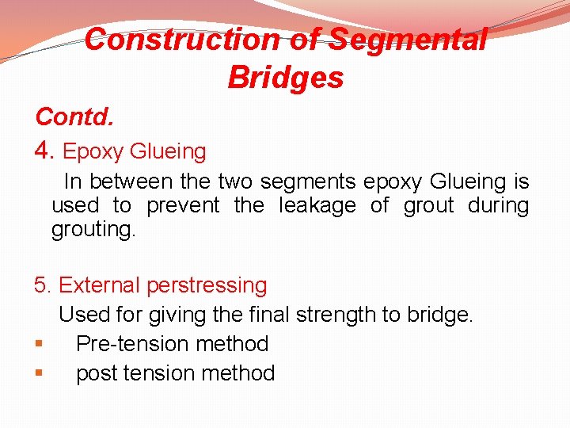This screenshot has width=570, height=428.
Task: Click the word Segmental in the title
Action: [x=407, y=39]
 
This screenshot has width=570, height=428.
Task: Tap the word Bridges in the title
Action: [x=285, y=78]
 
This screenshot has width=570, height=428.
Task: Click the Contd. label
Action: [x=74, y=117]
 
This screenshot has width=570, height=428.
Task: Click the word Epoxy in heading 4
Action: [x=93, y=151]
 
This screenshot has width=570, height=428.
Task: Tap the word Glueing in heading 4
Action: [x=168, y=151]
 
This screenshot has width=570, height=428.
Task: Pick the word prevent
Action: [x=183, y=206]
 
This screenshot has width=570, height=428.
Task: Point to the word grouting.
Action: [x=93, y=231]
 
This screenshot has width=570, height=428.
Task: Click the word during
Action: [x=498, y=206]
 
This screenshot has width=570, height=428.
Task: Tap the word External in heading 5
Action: [x=100, y=285]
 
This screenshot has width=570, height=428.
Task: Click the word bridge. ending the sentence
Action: [x=439, y=315]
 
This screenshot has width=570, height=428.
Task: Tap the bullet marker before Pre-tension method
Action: [x=38, y=344]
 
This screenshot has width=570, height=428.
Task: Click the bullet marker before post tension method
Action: [x=38, y=373]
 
